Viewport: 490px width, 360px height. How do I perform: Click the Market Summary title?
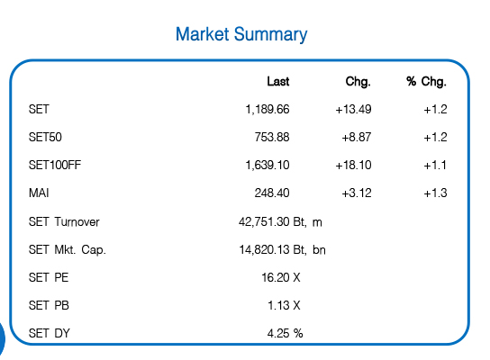[x=241, y=34]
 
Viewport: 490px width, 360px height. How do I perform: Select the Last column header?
[x=277, y=82]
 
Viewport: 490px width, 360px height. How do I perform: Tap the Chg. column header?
[x=358, y=82]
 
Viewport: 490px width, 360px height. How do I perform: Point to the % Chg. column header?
[x=426, y=82]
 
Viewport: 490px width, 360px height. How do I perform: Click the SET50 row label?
[x=45, y=137]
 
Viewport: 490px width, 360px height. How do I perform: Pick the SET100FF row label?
[x=55, y=165]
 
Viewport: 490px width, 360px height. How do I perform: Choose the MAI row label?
[x=39, y=193]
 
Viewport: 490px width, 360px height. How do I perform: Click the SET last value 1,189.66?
[x=268, y=109]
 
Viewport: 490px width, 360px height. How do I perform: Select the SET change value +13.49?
[x=353, y=109]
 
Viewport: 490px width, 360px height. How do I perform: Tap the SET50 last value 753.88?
[x=272, y=137]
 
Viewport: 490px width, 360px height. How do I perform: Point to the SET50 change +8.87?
[x=357, y=137]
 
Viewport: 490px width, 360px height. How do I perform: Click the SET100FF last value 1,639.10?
[x=268, y=165]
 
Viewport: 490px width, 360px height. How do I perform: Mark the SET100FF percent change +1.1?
[x=435, y=165]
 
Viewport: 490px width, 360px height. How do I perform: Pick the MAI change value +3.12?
[x=357, y=193]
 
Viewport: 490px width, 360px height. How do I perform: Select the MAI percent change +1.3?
[x=435, y=193]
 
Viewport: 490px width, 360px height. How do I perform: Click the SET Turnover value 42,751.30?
[x=264, y=222]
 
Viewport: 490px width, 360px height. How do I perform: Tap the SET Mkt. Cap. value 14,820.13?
[x=264, y=250]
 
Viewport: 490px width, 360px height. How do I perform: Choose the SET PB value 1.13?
[x=278, y=305]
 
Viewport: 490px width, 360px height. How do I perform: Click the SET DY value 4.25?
[x=278, y=333]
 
